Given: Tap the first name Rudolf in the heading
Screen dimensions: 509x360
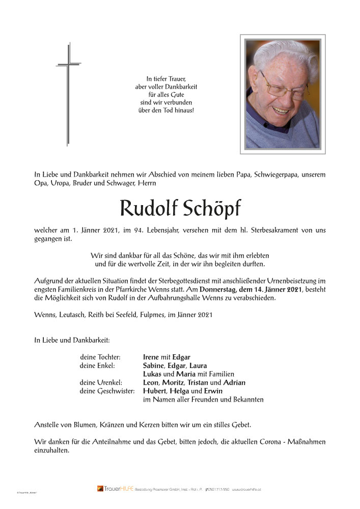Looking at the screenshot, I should point(147,208).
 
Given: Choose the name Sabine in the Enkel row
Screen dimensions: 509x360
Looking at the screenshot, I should point(153,365).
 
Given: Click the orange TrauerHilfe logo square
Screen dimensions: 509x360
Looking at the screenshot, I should point(100,489).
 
